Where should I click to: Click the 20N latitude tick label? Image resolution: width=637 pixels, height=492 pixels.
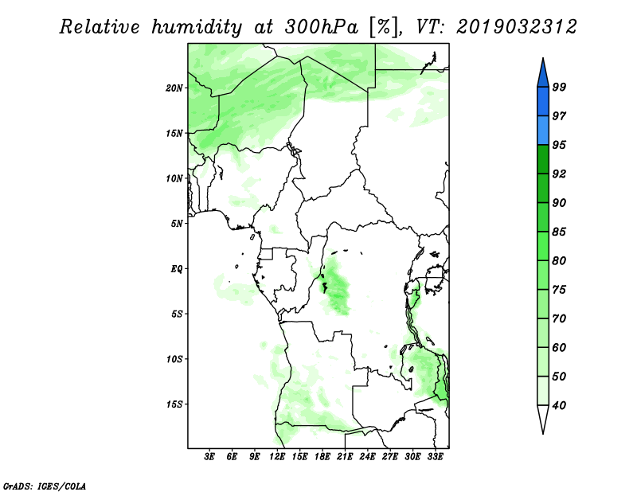[174, 88]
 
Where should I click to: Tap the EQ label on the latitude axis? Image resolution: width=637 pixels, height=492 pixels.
[177, 269]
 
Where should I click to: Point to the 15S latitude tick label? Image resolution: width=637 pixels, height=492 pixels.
[174, 404]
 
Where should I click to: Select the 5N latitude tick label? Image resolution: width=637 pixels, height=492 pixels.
[177, 224]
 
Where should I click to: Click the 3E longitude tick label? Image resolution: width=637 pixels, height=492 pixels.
[209, 457]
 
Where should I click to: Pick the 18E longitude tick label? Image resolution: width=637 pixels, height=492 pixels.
[322, 457]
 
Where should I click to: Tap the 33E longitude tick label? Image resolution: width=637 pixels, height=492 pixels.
[435, 457]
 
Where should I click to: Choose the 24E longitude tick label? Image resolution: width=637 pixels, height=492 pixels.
[367, 457]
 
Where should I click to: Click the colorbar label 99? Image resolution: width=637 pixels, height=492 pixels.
[559, 87]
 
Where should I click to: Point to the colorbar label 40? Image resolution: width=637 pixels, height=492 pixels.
[559, 405]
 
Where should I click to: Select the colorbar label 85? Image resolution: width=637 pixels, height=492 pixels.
[559, 232]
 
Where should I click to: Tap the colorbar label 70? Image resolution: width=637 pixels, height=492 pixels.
[559, 318]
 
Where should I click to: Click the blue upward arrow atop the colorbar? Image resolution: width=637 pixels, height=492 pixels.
[543, 73]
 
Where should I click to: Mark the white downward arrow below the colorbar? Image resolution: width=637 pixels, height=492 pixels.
[543, 419]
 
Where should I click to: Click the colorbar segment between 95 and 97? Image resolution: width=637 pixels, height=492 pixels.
[543, 131]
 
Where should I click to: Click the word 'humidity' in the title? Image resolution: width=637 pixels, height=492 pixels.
[197, 27]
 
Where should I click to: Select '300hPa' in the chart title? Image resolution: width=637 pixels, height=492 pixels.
[322, 27]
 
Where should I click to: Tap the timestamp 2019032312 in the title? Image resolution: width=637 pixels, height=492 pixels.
[516, 27]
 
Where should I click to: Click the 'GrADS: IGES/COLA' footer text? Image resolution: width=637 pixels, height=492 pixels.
[45, 486]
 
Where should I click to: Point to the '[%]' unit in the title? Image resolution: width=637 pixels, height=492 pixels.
[384, 27]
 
